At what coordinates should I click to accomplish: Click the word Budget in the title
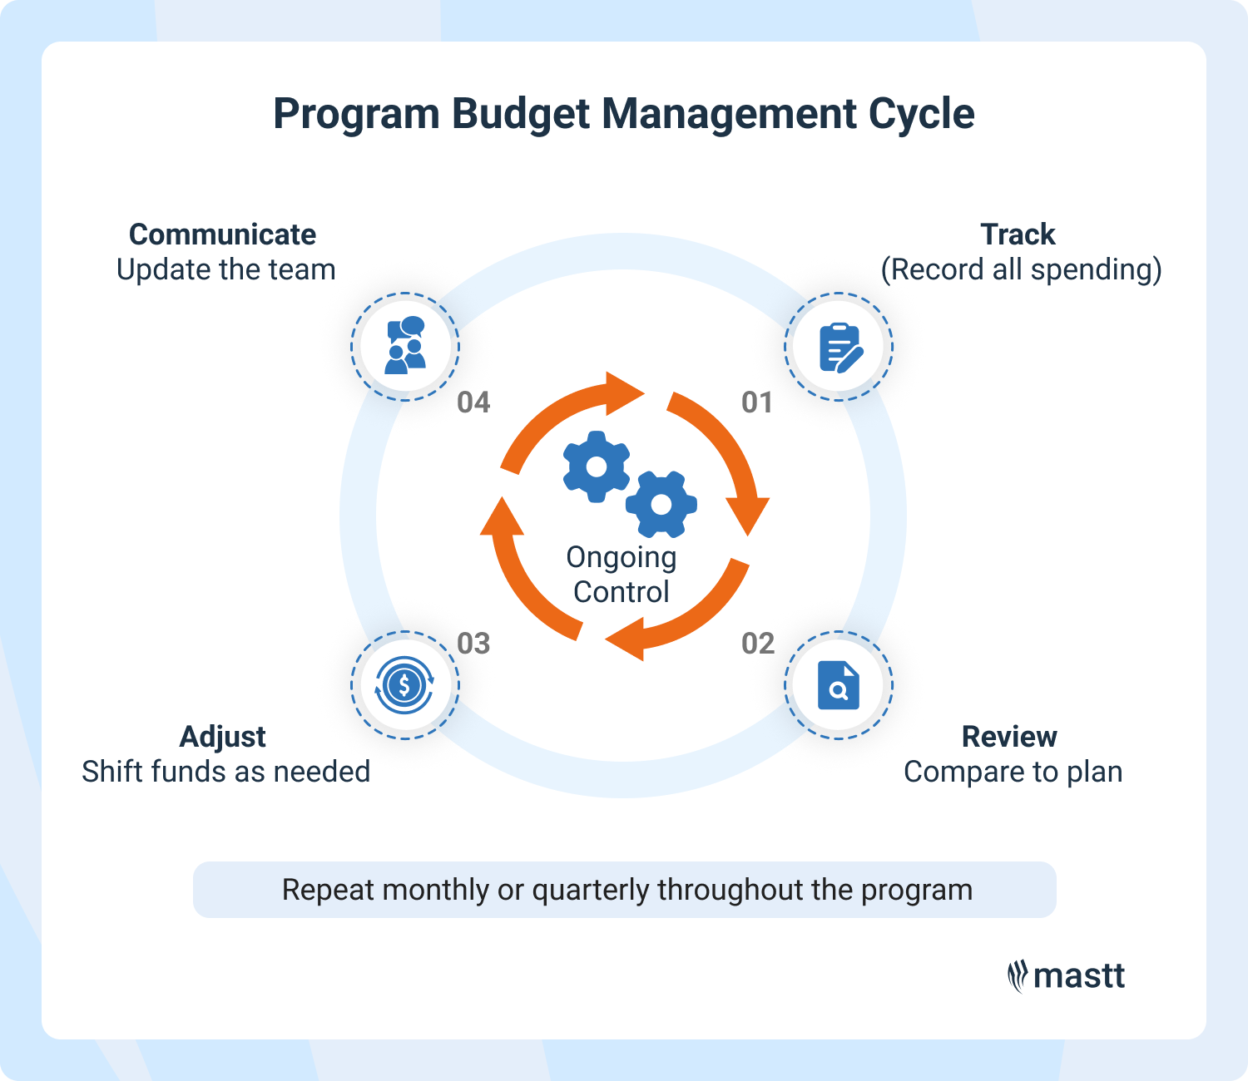pyautogui.click(x=522, y=115)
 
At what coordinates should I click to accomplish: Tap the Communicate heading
pyautogui.click(x=222, y=234)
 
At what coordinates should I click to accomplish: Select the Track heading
pyautogui.click(x=1018, y=234)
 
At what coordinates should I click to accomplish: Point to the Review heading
pyautogui.click(x=1009, y=737)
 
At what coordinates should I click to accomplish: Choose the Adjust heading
pyautogui.click(x=223, y=737)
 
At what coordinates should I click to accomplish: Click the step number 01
pyautogui.click(x=757, y=402)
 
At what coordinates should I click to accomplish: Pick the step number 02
pyautogui.click(x=758, y=644)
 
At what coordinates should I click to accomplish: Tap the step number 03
pyautogui.click(x=473, y=644)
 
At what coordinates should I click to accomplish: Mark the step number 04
pyautogui.click(x=473, y=402)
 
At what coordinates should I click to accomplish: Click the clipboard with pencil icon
pyautogui.click(x=839, y=347)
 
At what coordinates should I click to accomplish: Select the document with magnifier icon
pyautogui.click(x=839, y=685)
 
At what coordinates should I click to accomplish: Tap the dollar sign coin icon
pyautogui.click(x=405, y=685)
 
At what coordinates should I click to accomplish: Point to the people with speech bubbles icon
pyautogui.click(x=405, y=346)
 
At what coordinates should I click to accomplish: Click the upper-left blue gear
pyautogui.click(x=597, y=466)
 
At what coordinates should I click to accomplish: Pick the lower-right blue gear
pyautogui.click(x=661, y=504)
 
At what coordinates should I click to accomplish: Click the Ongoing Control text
pyautogui.click(x=622, y=575)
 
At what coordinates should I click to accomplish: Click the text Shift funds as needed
pyautogui.click(x=225, y=772)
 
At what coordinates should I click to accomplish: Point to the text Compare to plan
pyautogui.click(x=1013, y=772)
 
